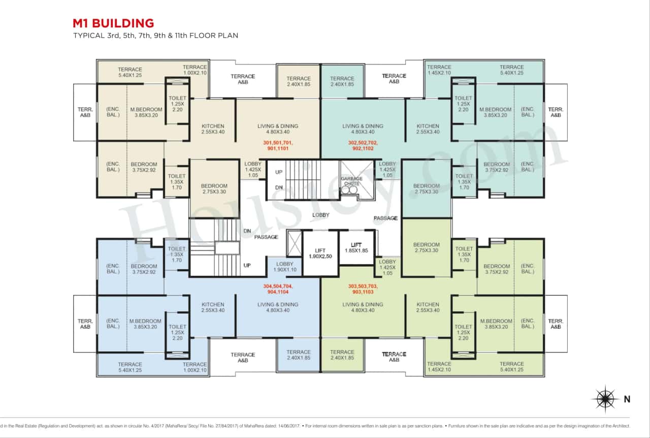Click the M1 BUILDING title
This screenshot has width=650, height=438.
click(113, 23)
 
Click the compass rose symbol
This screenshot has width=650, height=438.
click(605, 399)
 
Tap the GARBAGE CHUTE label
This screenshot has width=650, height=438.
click(351, 181)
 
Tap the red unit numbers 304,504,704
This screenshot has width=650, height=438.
click(278, 289)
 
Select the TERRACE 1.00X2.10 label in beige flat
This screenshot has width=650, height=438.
click(195, 70)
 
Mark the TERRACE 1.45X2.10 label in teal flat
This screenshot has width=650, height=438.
click(439, 70)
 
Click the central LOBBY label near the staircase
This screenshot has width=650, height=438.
click(321, 215)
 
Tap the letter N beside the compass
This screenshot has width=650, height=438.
click(627, 399)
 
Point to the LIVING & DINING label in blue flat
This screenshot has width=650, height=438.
click(278, 307)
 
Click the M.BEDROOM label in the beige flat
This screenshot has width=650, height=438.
click(146, 112)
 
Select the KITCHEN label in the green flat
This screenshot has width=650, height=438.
click(428, 307)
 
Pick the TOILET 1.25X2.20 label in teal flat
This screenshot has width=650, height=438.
click(464, 104)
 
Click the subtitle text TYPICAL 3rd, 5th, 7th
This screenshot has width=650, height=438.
click(155, 36)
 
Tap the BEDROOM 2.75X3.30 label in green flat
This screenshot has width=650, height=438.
click(427, 247)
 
